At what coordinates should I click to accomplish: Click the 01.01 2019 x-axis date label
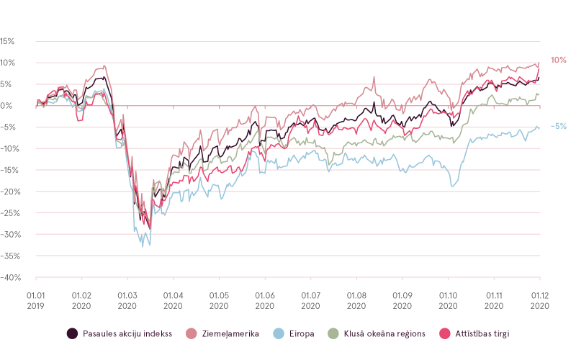click(x=36, y=300)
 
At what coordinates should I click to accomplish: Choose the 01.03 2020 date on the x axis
click(x=127, y=300)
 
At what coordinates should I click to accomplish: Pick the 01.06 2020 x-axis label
click(x=265, y=300)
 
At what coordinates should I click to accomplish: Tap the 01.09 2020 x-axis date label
click(x=402, y=300)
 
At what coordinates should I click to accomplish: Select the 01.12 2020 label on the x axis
click(x=540, y=300)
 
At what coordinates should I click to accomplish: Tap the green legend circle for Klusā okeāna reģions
click(x=333, y=333)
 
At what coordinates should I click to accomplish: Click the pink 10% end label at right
click(x=558, y=60)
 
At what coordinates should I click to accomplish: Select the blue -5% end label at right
click(x=558, y=126)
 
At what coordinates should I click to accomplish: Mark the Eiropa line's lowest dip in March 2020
click(x=149, y=246)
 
